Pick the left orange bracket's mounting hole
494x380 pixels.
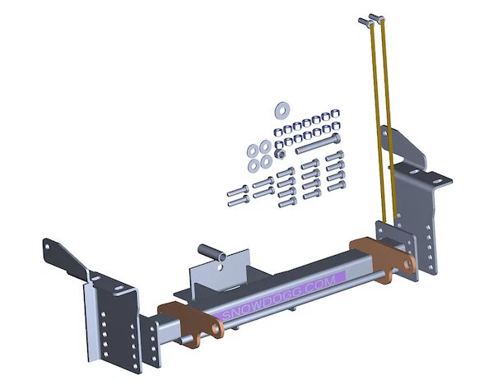218,330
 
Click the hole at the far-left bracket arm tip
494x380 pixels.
49,244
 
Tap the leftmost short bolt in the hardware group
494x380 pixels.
234,196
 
